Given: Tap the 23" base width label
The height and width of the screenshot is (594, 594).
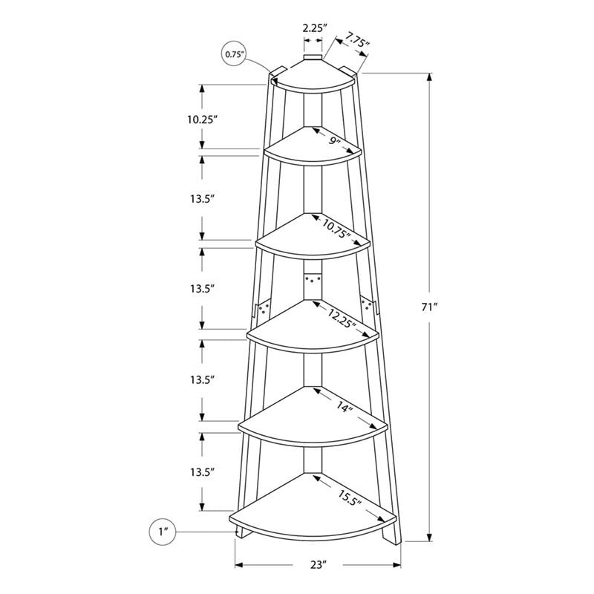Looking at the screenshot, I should pyautogui.click(x=319, y=565).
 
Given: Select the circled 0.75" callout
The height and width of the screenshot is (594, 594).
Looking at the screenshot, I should pyautogui.click(x=234, y=54).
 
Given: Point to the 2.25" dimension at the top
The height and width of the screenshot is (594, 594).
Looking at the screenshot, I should pyautogui.click(x=313, y=28).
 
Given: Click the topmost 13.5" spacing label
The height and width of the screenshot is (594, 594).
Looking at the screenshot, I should pyautogui.click(x=201, y=198).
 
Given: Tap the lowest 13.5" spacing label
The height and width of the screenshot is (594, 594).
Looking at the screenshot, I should pyautogui.click(x=201, y=471).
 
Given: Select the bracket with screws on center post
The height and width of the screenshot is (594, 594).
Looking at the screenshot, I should pyautogui.click(x=313, y=281).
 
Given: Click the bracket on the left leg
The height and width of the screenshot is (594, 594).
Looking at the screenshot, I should pyautogui.click(x=261, y=309).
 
